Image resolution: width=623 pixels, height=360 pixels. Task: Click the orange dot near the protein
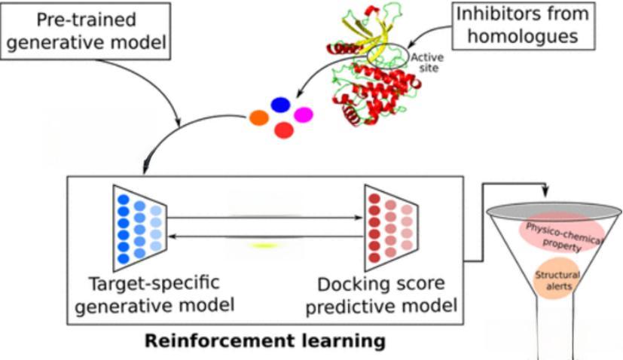pos(259,118)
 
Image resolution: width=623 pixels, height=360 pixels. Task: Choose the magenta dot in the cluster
pos(303,115)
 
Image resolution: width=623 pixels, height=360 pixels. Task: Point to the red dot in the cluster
pos(284,130)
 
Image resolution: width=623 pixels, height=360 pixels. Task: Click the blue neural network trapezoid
pos(138,227)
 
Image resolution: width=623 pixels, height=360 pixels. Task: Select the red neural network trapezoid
pos(389,227)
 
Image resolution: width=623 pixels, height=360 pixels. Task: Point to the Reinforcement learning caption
pos(264,340)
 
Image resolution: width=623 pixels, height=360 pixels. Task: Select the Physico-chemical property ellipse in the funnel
pos(554,235)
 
